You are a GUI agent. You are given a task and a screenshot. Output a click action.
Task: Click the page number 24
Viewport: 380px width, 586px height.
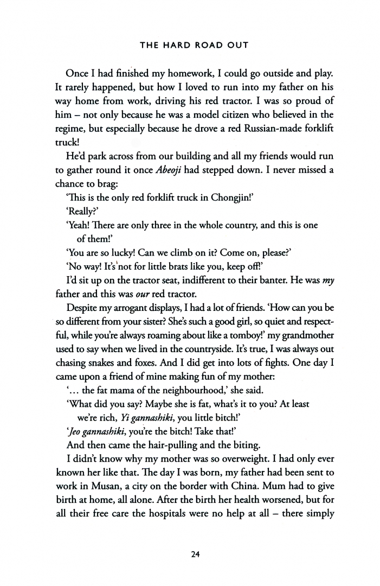(x=190, y=555)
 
